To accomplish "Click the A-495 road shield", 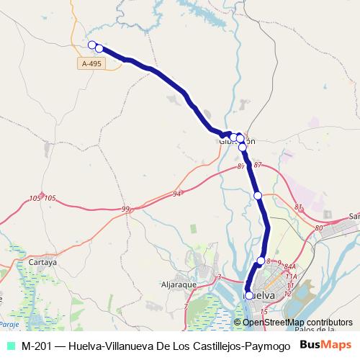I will pyautogui.click(x=91, y=63).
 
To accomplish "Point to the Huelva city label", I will pyautogui.click(x=262, y=295).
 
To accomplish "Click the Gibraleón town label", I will pyautogui.click(x=237, y=142).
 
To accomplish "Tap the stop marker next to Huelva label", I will pyautogui.click(x=249, y=295).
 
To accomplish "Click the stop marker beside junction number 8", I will pyautogui.click(x=261, y=261).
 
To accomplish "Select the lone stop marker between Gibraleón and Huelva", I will pyautogui.click(x=257, y=195).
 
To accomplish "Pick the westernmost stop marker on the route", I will pyautogui.click(x=91, y=45).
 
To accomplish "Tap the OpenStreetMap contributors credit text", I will pyautogui.click(x=298, y=322).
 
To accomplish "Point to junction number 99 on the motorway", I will pyautogui.click(x=126, y=209).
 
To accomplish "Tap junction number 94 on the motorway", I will pyautogui.click(x=177, y=194).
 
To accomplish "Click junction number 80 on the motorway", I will pyautogui.click(x=319, y=228).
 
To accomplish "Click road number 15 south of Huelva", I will pyautogui.click(x=264, y=311).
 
